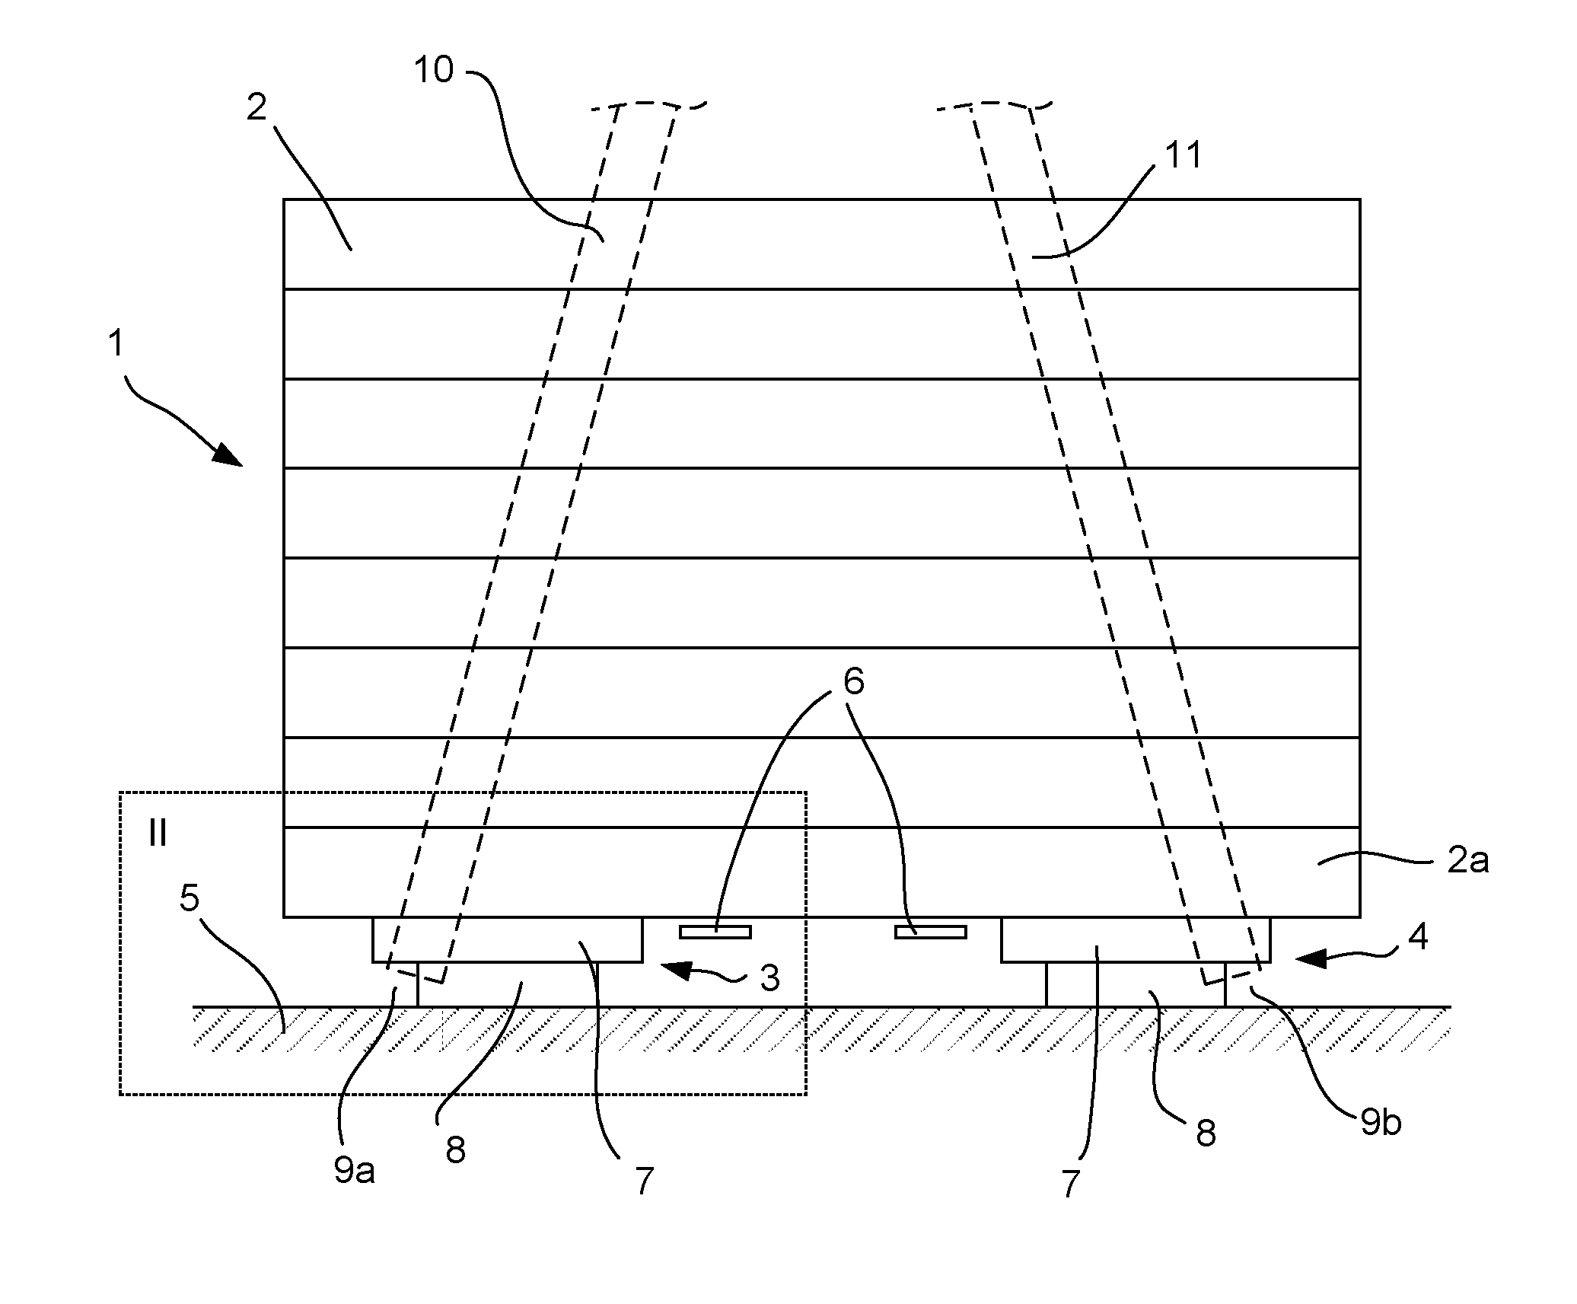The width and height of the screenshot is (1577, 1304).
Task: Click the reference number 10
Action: (x=434, y=70)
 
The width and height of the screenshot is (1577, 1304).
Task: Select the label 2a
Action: (x=1467, y=861)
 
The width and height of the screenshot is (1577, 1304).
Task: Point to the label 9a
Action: (x=355, y=1171)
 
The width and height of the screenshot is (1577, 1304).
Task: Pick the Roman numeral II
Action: (x=158, y=834)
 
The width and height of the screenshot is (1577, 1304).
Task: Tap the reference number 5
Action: (x=190, y=898)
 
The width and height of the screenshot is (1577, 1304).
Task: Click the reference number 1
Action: (x=116, y=343)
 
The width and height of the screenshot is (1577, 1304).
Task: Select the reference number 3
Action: (x=770, y=977)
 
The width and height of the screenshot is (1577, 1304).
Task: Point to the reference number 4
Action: (x=1418, y=936)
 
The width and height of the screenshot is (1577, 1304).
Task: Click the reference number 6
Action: (x=854, y=681)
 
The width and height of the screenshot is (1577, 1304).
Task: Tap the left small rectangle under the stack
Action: (x=715, y=932)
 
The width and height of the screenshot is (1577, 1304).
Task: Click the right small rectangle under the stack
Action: (x=930, y=932)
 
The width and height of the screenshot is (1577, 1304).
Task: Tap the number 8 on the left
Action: (x=456, y=1150)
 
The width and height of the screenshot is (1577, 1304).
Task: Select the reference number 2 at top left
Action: (x=257, y=108)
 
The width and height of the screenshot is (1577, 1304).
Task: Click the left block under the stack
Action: (x=507, y=940)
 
